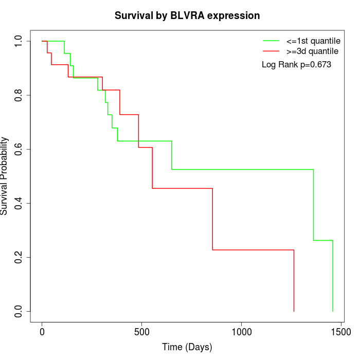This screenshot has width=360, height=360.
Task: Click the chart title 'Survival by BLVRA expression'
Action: click(x=187, y=15)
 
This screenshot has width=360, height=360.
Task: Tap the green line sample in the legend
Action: click(x=271, y=41)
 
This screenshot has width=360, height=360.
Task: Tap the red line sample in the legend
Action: click(x=271, y=51)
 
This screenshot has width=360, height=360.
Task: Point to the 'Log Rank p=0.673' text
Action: click(x=296, y=65)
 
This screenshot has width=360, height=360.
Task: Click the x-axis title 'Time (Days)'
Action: click(x=187, y=347)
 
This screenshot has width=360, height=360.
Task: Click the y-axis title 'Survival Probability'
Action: click(x=5, y=176)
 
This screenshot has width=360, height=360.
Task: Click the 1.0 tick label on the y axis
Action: click(x=19, y=41)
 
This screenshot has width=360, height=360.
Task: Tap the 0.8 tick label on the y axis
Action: click(x=19, y=95)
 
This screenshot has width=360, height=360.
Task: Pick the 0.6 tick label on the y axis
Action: click(x=19, y=149)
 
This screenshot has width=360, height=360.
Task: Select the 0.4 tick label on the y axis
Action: click(x=19, y=203)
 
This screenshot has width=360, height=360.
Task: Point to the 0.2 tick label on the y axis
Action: click(x=19, y=257)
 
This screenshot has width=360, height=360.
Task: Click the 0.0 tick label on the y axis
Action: click(x=19, y=311)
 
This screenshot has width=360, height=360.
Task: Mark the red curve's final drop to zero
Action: click(x=294, y=281)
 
